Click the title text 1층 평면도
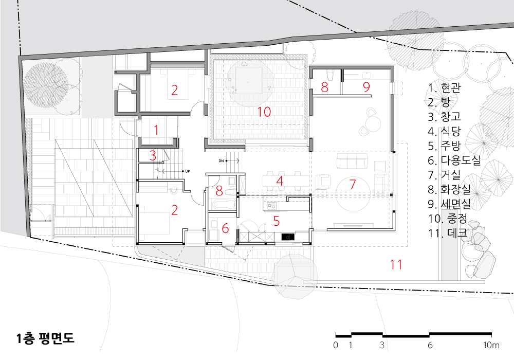pos(45,338)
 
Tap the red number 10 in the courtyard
pos(264,112)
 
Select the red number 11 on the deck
pos(396,264)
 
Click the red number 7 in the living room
pos(353,184)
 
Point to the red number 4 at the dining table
pos(280,181)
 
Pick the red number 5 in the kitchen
pos(277,221)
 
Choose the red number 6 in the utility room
pos(225,228)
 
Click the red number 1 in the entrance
pos(156,130)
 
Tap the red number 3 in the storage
pos(153,156)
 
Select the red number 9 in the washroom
pos(366,87)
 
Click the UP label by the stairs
pos(188,171)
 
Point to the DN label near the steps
pos(221,160)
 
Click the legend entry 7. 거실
pos(444,175)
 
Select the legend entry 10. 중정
pos(448,219)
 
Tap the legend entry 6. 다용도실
pos(454,160)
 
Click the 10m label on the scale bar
pos(491,345)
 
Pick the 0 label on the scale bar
pos(335,345)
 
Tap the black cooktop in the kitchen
pos(288,237)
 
